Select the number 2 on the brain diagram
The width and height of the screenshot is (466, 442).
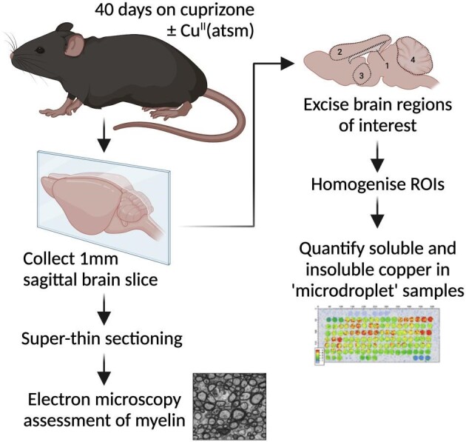click(x=337, y=52)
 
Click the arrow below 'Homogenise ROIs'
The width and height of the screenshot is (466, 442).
click(x=376, y=218)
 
